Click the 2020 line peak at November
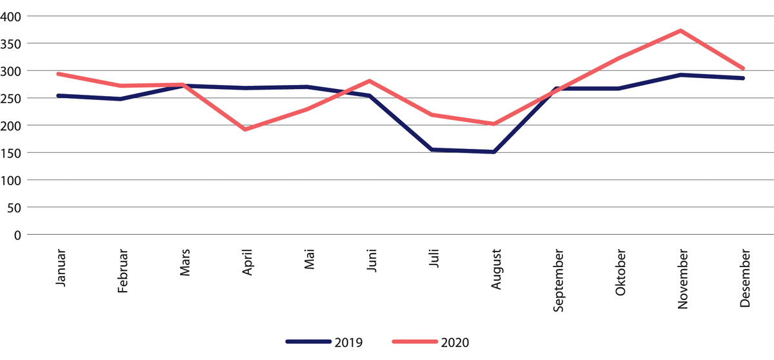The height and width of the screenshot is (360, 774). tap(680, 31)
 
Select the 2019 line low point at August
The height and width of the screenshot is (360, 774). tap(494, 152)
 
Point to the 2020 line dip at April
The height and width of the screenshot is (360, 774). tap(245, 130)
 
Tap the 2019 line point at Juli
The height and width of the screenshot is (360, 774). tap(432, 150)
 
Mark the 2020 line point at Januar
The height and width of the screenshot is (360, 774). tap(59, 74)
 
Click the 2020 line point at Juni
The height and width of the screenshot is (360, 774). tap(370, 81)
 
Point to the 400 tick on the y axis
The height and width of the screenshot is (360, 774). tap(14, 16)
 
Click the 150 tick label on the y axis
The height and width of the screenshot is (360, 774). tap(14, 153)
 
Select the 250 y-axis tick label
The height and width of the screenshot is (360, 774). tap(14, 98)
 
